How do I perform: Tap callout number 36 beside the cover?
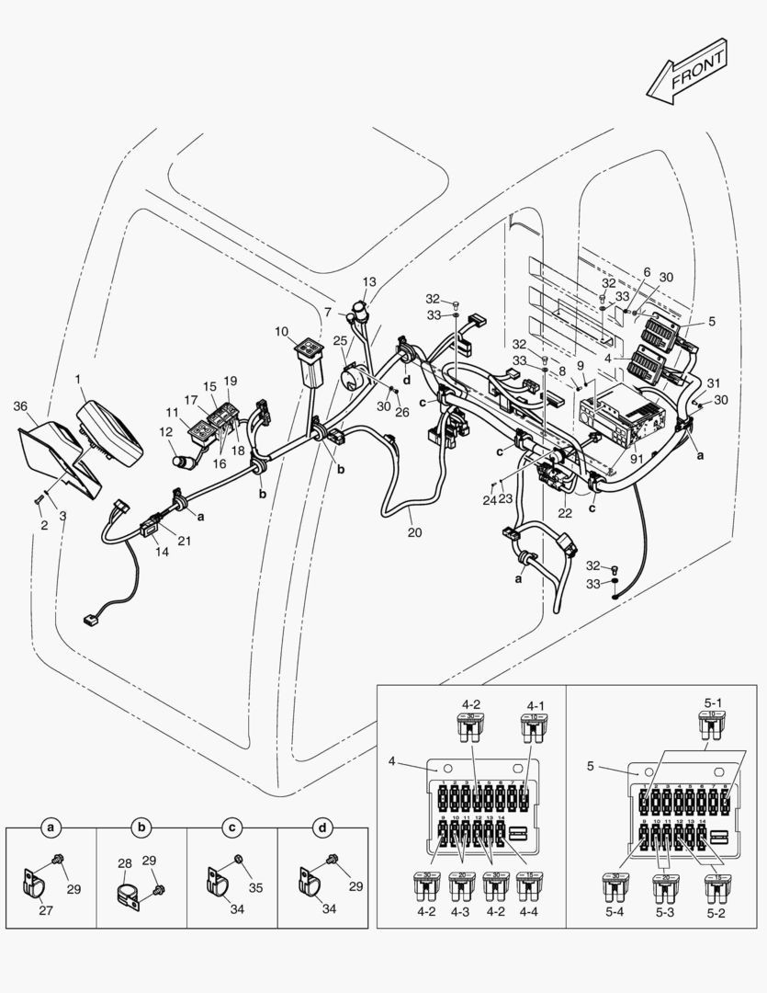pyautogui.click(x=19, y=405)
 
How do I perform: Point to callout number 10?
pyautogui.click(x=281, y=331)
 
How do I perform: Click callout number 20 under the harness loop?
pyautogui.click(x=415, y=532)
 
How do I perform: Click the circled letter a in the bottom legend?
pyautogui.click(x=52, y=828)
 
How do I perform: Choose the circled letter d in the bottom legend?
pyautogui.click(x=322, y=828)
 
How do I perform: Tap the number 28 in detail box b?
pyautogui.click(x=125, y=863)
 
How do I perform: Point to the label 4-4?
pyautogui.click(x=527, y=913)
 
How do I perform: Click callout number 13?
pyautogui.click(x=369, y=282)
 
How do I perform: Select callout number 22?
pyautogui.click(x=566, y=513)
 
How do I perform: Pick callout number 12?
pyautogui.click(x=166, y=432)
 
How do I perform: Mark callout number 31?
pyautogui.click(x=714, y=383)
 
